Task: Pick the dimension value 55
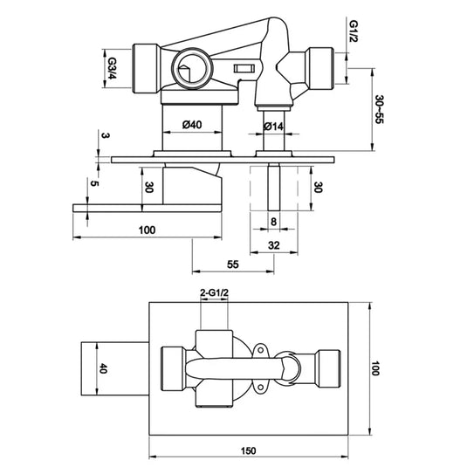tap(232, 262)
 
